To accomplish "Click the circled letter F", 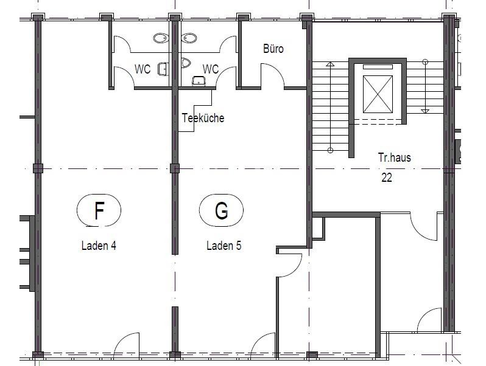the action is coord(99,210).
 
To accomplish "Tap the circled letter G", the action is coord(221,210).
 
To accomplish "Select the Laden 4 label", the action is coord(99,246).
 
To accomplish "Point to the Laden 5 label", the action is coord(224,246).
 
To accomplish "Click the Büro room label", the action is coord(273,49).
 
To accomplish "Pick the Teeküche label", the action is coord(203,118).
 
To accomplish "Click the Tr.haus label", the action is coord(394,157).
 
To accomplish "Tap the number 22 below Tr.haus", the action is coord(387,178).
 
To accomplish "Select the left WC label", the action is coord(143,69).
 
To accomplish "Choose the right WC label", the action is coord(211,69).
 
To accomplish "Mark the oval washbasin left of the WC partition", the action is coord(161,38).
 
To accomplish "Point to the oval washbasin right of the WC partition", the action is coord(189,38).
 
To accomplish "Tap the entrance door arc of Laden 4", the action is coord(122,338).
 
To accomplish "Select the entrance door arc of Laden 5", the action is coord(259,338).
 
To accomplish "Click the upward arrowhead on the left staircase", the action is coord(330,64).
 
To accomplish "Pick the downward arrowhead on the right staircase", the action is coord(425,111).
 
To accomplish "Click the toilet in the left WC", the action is coord(163,69).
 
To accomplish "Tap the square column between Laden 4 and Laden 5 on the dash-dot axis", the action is coord(175,168).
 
